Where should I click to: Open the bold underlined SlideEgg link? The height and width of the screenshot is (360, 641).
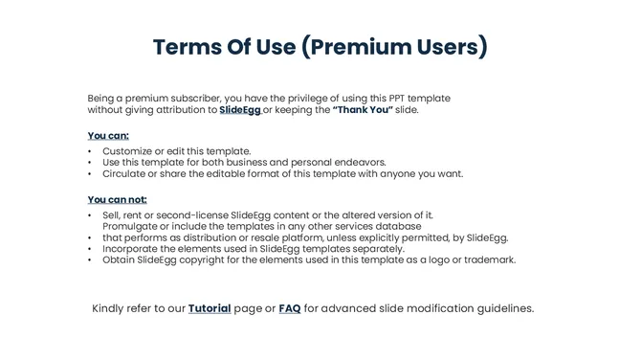(x=239, y=110)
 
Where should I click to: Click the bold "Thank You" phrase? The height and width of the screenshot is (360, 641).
(x=363, y=110)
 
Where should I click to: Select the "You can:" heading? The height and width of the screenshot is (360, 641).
(x=108, y=135)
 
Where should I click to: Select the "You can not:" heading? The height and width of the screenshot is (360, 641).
(x=117, y=199)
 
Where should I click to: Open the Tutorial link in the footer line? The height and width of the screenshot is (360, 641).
(x=210, y=308)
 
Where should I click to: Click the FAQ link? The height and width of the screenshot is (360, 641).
(x=290, y=308)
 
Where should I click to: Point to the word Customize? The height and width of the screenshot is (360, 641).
(x=129, y=151)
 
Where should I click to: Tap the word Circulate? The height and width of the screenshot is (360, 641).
(x=126, y=174)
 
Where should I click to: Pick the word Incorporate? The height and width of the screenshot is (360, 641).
(x=133, y=248)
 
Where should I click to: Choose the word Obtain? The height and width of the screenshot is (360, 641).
(x=120, y=259)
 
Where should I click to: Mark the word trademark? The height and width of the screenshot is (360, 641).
(x=489, y=259)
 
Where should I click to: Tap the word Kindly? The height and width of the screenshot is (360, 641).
(x=110, y=308)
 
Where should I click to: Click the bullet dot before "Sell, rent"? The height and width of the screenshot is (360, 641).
(x=90, y=215)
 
